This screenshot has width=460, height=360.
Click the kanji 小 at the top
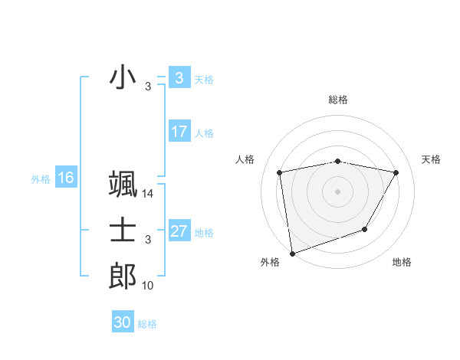pos(123,78)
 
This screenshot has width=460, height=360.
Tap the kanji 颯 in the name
pos(123,185)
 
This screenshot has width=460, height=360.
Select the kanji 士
pos(123,231)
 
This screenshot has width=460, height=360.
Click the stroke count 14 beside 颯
pos(148,195)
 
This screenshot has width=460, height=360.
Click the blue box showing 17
pos(179,132)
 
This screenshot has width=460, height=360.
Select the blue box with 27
pos(179,231)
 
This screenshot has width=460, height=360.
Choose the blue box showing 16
pos(66,178)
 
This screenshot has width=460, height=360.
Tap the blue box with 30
pos(122,322)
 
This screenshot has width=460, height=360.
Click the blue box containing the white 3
pos(179,78)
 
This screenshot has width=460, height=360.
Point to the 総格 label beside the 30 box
pos(147,324)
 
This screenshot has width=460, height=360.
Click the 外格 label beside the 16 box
pos(41,179)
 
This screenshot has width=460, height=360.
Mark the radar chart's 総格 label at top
pos(338,100)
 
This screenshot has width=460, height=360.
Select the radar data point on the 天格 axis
pos(396,173)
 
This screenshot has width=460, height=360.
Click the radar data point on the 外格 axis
pos(292,253)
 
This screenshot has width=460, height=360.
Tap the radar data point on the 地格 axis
pos(365,229)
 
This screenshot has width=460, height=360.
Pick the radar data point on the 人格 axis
pos(281,173)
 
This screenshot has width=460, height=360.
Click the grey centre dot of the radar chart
pos(338,191)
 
